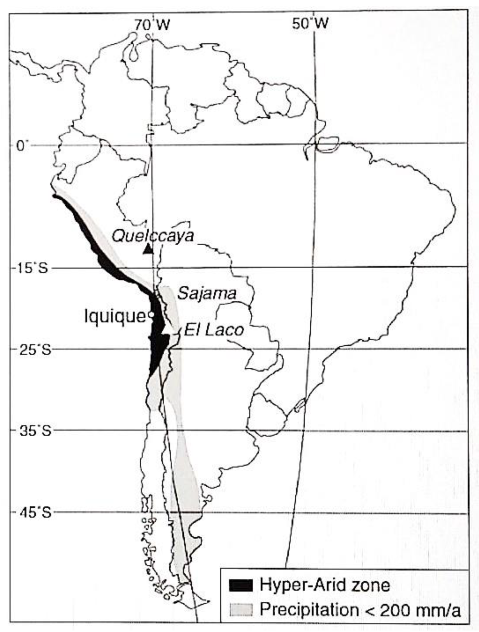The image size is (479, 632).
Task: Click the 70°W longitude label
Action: [x=152, y=25]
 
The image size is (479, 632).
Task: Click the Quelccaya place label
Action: [x=153, y=236]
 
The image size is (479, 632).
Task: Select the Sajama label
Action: [x=207, y=293]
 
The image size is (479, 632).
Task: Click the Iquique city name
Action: [x=115, y=316]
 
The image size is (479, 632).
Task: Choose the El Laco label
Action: [x=214, y=331]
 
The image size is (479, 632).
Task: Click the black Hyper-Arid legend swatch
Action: [x=241, y=585]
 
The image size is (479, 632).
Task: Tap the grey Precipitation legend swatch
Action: [x=241, y=609]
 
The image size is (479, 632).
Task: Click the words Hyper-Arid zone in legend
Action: [x=324, y=584]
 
